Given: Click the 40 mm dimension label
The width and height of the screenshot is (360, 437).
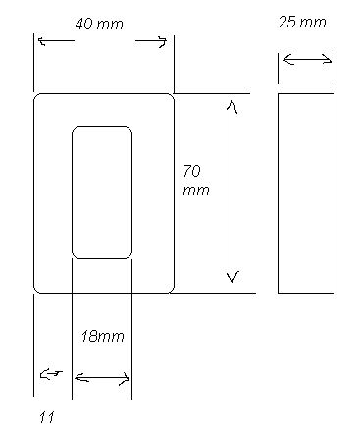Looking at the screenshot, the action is pos(99,24).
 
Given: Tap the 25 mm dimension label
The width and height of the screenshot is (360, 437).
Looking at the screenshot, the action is pos(302,22).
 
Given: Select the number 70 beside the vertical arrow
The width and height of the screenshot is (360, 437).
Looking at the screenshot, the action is pos(191,171).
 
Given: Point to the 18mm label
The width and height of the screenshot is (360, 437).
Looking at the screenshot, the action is pos(102,336).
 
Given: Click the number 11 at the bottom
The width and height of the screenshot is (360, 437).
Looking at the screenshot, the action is pos(47,417).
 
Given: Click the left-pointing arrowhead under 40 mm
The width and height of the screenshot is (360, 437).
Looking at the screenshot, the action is pos(42,41).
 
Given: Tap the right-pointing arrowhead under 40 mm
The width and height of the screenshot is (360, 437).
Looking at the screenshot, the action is pos(162,42).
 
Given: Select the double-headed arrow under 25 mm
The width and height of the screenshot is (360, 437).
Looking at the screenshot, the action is pos(307,60).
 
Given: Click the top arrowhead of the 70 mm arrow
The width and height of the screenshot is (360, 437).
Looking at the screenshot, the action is pos(231,106).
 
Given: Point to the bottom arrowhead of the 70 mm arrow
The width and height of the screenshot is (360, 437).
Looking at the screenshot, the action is pos(232,276).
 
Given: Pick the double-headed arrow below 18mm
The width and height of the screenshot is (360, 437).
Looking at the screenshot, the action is pos(102,378).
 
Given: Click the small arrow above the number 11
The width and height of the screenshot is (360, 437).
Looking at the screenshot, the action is pos(51,374).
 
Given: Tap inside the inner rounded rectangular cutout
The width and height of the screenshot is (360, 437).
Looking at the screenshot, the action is pos(102,192).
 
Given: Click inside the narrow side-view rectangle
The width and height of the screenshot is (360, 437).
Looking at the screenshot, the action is pos(306,193).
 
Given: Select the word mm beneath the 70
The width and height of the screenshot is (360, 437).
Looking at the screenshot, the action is pos(196,191).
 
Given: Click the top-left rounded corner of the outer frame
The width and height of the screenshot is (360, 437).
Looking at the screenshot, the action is pos(36,96).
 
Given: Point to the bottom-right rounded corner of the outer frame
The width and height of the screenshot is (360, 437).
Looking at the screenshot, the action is pos(172,290).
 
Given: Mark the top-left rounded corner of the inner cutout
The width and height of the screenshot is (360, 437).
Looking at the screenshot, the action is pos(75,129).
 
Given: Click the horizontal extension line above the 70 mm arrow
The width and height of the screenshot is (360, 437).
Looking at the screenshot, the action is pos(212,93).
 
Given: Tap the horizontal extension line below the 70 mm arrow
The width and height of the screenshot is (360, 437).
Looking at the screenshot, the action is pos(213,293).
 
